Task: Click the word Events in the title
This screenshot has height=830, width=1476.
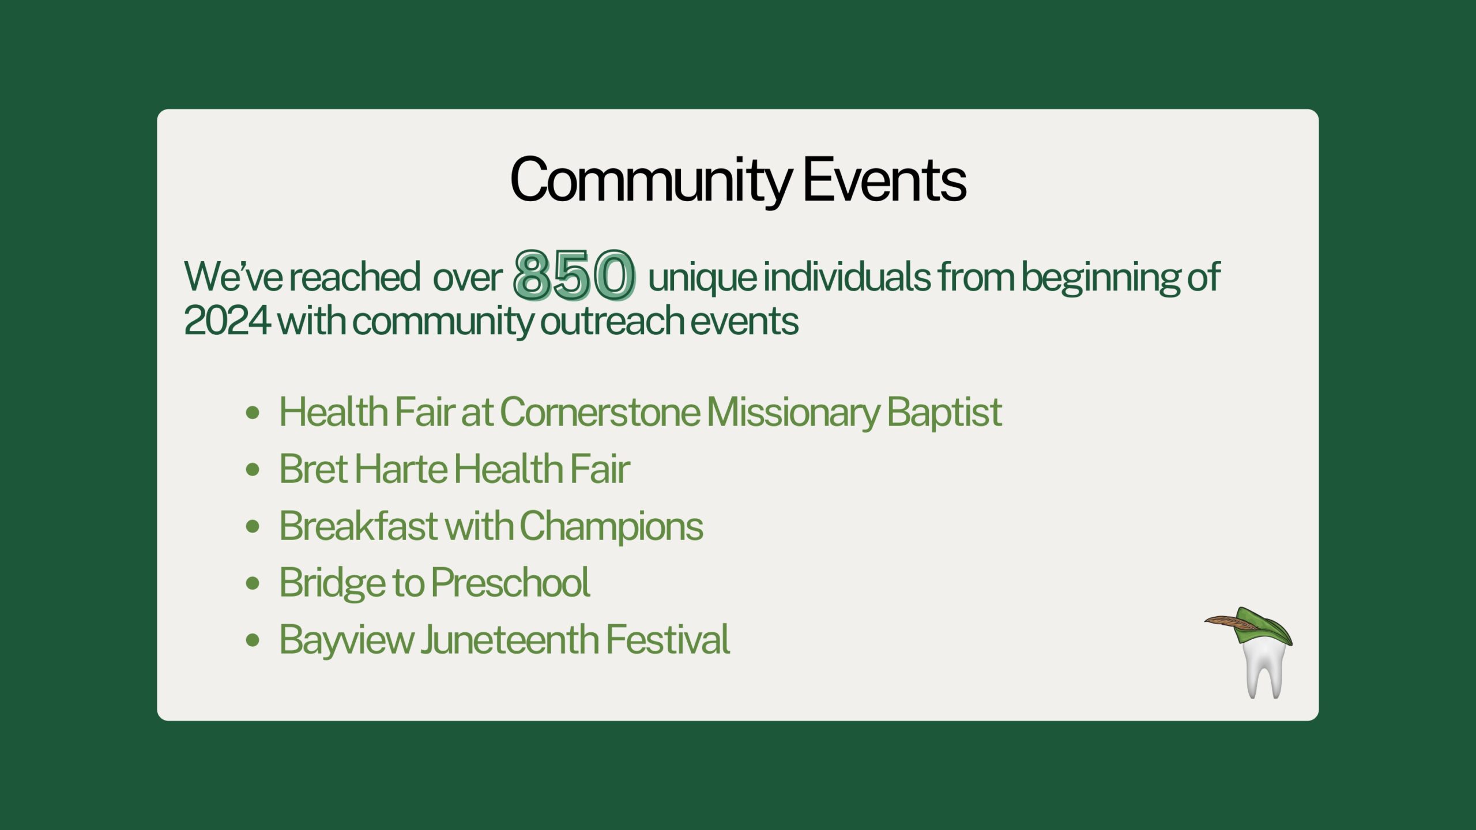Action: pyautogui.click(x=884, y=180)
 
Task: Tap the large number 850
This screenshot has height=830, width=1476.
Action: pyautogui.click(x=574, y=275)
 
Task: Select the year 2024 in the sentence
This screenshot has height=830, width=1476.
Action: pyautogui.click(x=227, y=320)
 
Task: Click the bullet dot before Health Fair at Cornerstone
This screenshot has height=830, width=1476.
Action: pyautogui.click(x=253, y=413)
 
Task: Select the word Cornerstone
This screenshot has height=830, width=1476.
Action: pyautogui.click(x=600, y=412)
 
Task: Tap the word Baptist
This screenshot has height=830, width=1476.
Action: pyautogui.click(x=944, y=412)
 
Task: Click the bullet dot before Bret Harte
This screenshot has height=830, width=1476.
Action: pyautogui.click(x=253, y=469)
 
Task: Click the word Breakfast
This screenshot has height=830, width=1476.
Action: pyautogui.click(x=358, y=526)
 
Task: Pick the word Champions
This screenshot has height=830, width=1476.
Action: pyautogui.click(x=611, y=526)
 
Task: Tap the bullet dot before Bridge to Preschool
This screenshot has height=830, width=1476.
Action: pyautogui.click(x=253, y=583)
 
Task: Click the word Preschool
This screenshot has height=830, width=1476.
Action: pyautogui.click(x=511, y=582)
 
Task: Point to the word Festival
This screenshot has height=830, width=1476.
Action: pyautogui.click(x=668, y=639)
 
